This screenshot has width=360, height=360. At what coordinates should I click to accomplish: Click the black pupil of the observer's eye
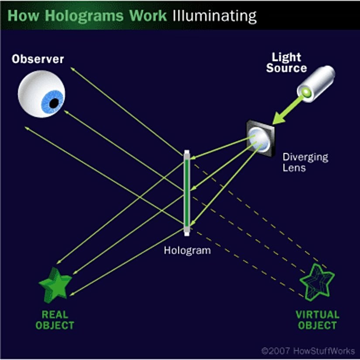pos(54,103)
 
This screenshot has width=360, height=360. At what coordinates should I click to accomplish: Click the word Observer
pos(38,59)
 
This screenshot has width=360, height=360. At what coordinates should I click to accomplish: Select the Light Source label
pos(287,62)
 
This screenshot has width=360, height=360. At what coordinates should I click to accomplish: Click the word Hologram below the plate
pos(187,250)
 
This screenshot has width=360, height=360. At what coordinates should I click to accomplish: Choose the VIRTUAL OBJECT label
pos(317,320)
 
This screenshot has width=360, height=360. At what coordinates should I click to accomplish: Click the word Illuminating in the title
pos(214,16)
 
